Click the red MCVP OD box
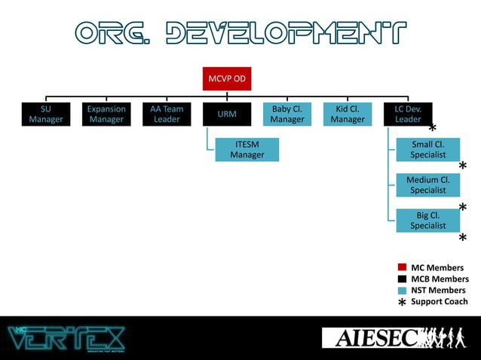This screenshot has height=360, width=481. (227, 78)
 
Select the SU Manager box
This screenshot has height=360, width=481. (46, 114)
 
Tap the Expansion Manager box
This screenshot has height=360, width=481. (106, 114)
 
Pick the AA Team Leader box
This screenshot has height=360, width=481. (167, 114)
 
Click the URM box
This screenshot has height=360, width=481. (227, 114)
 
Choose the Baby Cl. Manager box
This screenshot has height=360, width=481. (287, 114)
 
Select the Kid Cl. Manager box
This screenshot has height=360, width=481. (348, 114)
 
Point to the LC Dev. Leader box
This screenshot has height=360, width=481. (408, 114)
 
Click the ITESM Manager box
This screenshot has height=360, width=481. (247, 149)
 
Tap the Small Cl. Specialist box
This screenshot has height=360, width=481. (427, 149)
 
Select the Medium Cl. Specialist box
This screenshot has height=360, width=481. (427, 185)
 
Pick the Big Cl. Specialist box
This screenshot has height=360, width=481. (427, 220)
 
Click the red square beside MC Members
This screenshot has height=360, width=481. (402, 267)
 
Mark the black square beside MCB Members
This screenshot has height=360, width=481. (402, 279)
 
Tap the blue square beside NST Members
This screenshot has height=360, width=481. (402, 290)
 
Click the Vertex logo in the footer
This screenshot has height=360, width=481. (66, 337)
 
